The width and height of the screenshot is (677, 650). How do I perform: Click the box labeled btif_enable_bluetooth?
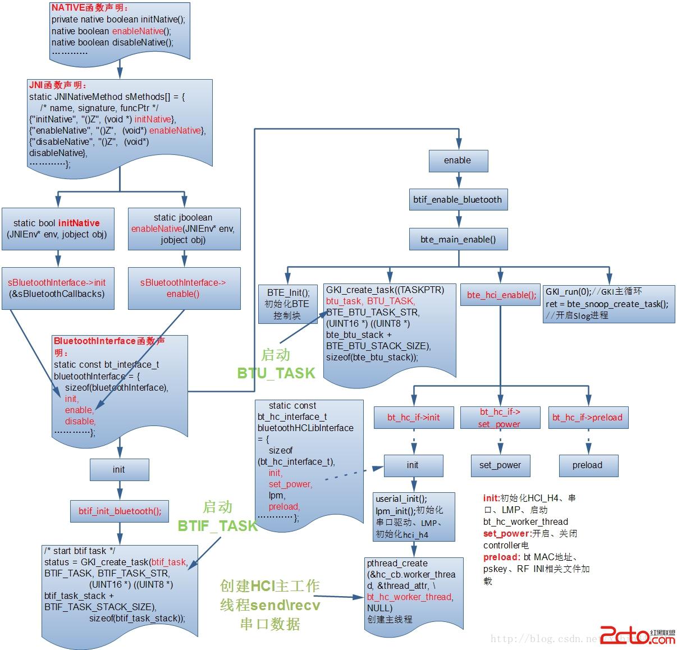(x=458, y=200)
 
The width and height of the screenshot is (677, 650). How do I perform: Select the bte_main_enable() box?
(x=458, y=239)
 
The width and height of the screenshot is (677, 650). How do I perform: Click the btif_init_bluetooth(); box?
(x=120, y=511)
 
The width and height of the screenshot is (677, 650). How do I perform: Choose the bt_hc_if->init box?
(x=414, y=417)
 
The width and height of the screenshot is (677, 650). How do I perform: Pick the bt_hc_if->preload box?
(x=587, y=417)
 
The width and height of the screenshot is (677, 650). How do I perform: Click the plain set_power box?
(x=500, y=465)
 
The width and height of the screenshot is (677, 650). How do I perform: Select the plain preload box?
(x=587, y=465)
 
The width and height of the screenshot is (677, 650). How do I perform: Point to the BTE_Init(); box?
(x=288, y=304)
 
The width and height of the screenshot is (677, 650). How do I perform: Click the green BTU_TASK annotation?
(x=276, y=373)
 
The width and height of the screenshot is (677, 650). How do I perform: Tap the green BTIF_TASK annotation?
(x=217, y=526)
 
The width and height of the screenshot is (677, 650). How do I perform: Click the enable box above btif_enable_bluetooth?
(x=458, y=161)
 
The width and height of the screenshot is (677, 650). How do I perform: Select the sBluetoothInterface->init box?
(x=57, y=288)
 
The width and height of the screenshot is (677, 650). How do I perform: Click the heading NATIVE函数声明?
(x=90, y=8)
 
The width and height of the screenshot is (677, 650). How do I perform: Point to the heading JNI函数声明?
(x=58, y=85)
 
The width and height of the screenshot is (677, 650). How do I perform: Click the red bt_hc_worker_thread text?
(x=410, y=597)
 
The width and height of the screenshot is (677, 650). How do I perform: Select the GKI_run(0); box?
(x=609, y=303)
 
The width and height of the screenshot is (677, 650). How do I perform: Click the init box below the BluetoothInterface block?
(x=119, y=470)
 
